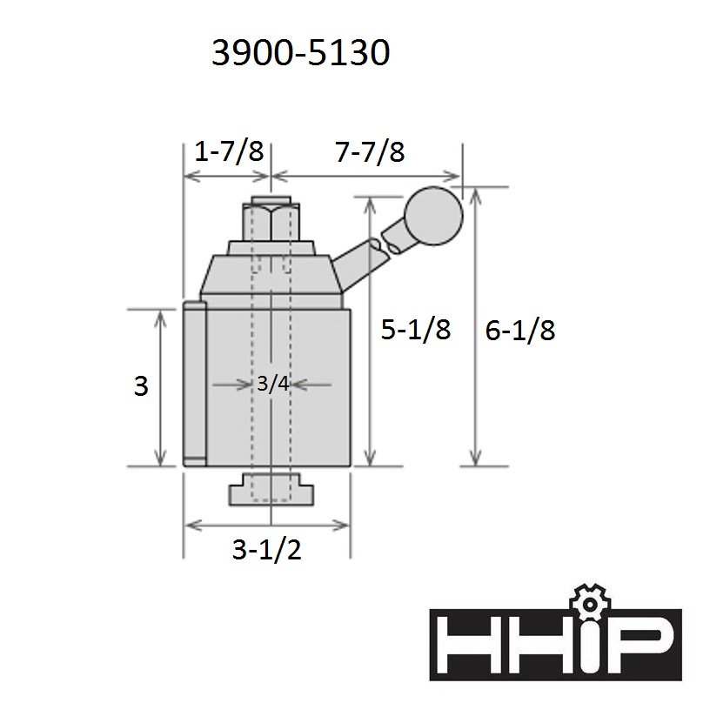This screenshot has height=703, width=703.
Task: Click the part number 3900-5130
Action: tap(300, 53)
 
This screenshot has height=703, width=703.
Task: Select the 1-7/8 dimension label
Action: tap(229, 151)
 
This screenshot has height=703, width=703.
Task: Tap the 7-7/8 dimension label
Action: tap(371, 151)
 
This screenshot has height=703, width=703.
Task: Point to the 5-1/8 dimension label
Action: tap(416, 330)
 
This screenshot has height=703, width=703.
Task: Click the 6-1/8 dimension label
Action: tap(520, 331)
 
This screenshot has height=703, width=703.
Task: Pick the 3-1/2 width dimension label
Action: tap(267, 549)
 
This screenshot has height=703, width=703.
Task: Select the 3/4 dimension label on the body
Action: tap(273, 384)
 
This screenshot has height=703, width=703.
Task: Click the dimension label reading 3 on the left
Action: tap(141, 386)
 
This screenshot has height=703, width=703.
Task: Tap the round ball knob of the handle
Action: tap(433, 216)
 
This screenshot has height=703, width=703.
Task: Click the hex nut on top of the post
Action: tap(271, 223)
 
